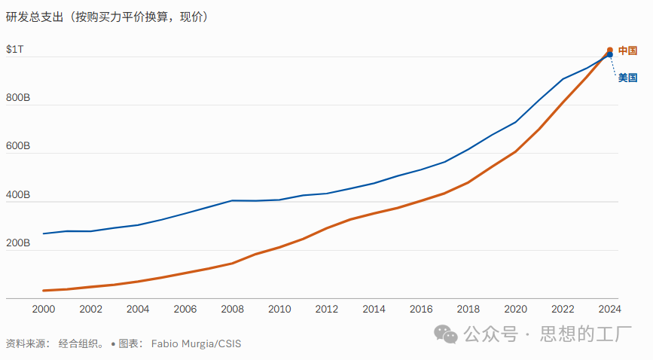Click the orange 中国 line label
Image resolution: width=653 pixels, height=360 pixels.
627,50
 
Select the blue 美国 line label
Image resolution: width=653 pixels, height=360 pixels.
627,77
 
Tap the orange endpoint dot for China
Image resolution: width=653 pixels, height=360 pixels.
610,50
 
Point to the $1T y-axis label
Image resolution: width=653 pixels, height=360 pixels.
15,49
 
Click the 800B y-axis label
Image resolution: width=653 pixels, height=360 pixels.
18,98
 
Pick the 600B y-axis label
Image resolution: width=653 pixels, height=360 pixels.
18,146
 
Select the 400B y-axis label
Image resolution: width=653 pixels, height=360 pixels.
18,195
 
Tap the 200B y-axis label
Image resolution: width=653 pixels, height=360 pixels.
18,243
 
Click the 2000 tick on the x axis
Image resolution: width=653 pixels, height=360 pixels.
44,309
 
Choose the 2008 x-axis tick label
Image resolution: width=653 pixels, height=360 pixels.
232,309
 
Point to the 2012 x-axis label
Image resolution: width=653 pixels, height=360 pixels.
326,309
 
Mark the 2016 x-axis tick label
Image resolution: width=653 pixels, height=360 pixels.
421,309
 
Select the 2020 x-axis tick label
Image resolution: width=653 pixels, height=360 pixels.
515,309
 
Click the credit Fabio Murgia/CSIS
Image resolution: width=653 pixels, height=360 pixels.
196,343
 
